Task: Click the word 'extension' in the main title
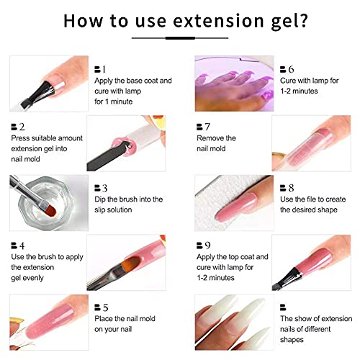pos(218,21)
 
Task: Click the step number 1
pos(104,69)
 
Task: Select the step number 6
pos(291,69)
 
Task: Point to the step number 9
pos(207,246)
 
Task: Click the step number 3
pos(104,188)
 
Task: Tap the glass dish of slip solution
pos(46,203)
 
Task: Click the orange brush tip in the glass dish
pos(52,210)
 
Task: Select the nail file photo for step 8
pos(234,203)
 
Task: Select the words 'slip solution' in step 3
pos(113,210)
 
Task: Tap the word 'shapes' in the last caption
pos(292,340)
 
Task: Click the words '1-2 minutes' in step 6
pos(299,91)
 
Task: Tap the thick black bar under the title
pos(180,38)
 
